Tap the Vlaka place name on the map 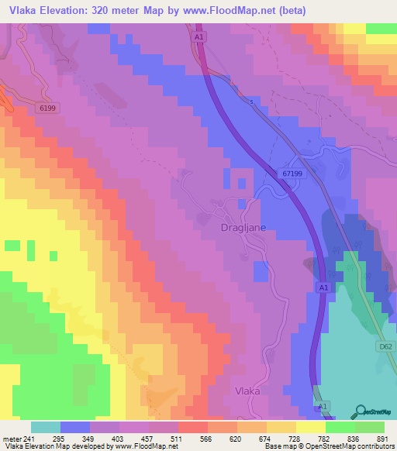(x=250, y=391)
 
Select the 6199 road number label (x=49, y=108)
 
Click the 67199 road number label (x=292, y=175)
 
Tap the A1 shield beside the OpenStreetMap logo (x=323, y=405)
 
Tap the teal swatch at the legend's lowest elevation (x=46, y=427)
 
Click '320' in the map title (x=97, y=11)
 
